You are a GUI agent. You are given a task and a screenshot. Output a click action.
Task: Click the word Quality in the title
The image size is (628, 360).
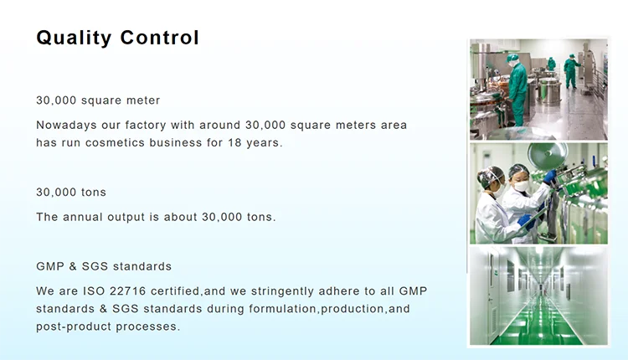[x=74, y=38]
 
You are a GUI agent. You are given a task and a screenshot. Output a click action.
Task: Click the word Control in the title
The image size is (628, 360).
[x=159, y=38]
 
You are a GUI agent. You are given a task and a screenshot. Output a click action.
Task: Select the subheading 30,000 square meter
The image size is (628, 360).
[x=98, y=100]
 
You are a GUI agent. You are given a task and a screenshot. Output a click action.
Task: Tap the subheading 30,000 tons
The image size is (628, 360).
[x=71, y=193]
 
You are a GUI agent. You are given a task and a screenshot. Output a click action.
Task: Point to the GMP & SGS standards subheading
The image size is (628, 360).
[x=104, y=266]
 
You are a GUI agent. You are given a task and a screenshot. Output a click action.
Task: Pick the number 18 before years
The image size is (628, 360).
[x=234, y=142]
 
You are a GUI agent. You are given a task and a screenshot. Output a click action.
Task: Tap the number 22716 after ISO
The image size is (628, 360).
[x=128, y=291]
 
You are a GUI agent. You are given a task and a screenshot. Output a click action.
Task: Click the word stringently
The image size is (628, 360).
[x=282, y=291]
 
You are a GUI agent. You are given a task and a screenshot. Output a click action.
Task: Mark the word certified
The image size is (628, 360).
[x=175, y=291]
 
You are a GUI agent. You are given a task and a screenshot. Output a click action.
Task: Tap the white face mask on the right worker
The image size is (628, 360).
[x=522, y=186]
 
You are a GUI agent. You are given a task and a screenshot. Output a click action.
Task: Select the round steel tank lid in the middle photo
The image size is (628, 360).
[x=547, y=155]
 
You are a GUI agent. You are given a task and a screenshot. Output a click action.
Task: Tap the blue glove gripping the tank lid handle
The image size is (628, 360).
[x=549, y=177]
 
